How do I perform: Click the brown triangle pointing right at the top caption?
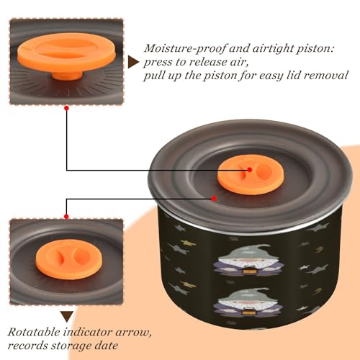pos(133,62)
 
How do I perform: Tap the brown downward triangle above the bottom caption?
pos(67,317)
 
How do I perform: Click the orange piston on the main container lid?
pos(251,172)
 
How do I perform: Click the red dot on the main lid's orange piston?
pos(250,170)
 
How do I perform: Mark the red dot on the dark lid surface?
pos(214,199)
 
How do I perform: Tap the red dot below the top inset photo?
pos(67,108)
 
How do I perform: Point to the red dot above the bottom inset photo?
pos(66,217)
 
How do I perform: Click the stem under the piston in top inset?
pos(67,75)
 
